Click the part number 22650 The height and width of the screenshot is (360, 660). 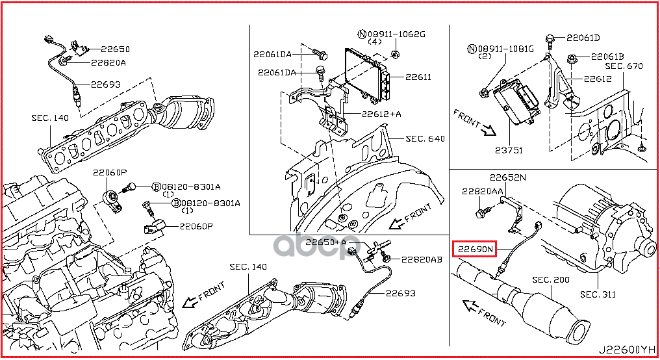[115, 49]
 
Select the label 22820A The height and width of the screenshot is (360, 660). [108, 63]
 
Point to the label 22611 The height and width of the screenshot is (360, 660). [418, 77]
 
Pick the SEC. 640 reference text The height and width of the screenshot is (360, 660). [425, 139]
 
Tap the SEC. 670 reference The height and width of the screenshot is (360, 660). [624, 66]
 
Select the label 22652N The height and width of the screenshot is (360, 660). [507, 177]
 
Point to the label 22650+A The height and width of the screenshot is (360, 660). [324, 242]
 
